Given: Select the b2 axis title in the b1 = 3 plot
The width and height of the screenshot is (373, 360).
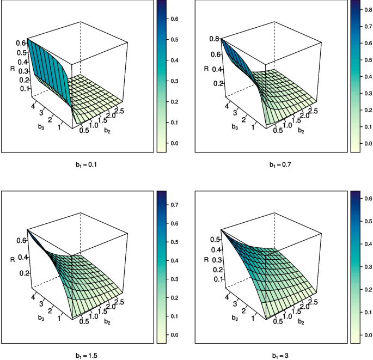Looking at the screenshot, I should [x=300, y=322].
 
